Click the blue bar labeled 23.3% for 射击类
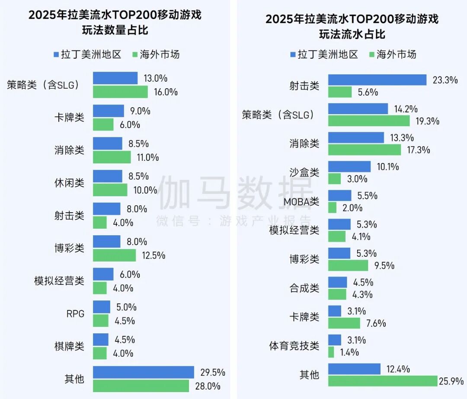click(x=377, y=80)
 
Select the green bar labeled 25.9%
click(x=383, y=381)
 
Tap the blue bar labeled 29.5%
click(x=143, y=372)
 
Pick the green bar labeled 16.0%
click(x=120, y=92)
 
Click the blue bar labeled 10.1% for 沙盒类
click(x=349, y=166)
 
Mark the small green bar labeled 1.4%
click(x=331, y=352)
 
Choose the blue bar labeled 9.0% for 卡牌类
click(x=108, y=111)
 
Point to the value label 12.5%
click(x=154, y=255)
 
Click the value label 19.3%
click(x=428, y=121)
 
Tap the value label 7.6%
click(x=376, y=323)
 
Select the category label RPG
click(x=75, y=313)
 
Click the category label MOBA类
click(x=301, y=201)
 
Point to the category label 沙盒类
click(x=304, y=172)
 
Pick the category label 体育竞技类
click(x=294, y=346)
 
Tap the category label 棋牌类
click(x=69, y=346)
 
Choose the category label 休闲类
click(x=69, y=183)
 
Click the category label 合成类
click(x=304, y=288)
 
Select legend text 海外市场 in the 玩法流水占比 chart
click(x=397, y=54)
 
